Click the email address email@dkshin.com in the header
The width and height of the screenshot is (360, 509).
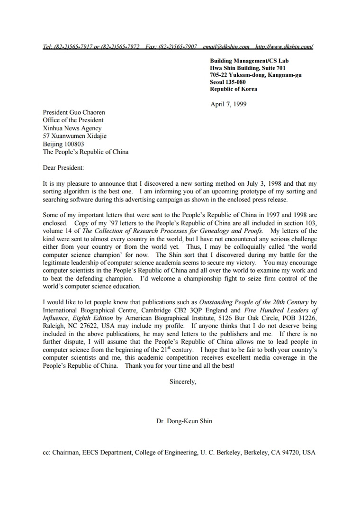click(226, 46)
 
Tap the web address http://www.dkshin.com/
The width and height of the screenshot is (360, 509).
click(284, 46)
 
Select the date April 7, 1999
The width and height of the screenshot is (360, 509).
click(228, 104)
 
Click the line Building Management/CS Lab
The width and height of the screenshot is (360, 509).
click(249, 61)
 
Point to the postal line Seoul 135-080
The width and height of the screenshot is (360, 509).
click(228, 82)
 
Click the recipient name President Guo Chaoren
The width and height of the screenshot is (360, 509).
click(74, 112)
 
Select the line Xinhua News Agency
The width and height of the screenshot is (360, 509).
click(72, 128)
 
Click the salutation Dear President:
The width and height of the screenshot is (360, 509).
click(63, 167)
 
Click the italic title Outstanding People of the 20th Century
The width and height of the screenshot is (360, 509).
click(254, 302)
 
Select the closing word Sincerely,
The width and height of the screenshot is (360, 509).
click(183, 381)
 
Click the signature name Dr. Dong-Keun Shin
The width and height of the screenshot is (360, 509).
click(184, 421)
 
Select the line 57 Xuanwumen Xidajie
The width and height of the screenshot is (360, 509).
click(75, 136)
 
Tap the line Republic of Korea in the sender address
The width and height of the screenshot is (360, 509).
click(234, 89)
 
